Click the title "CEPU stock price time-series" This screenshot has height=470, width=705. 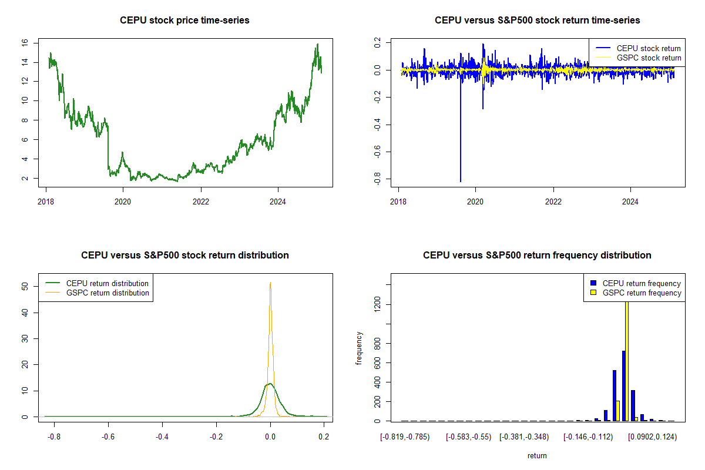(x=184, y=21)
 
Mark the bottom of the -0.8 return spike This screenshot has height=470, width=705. (x=461, y=181)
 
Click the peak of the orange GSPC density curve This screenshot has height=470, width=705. (x=270, y=283)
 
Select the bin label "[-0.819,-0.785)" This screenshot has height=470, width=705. (x=405, y=437)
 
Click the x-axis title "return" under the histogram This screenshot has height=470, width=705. (x=537, y=455)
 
